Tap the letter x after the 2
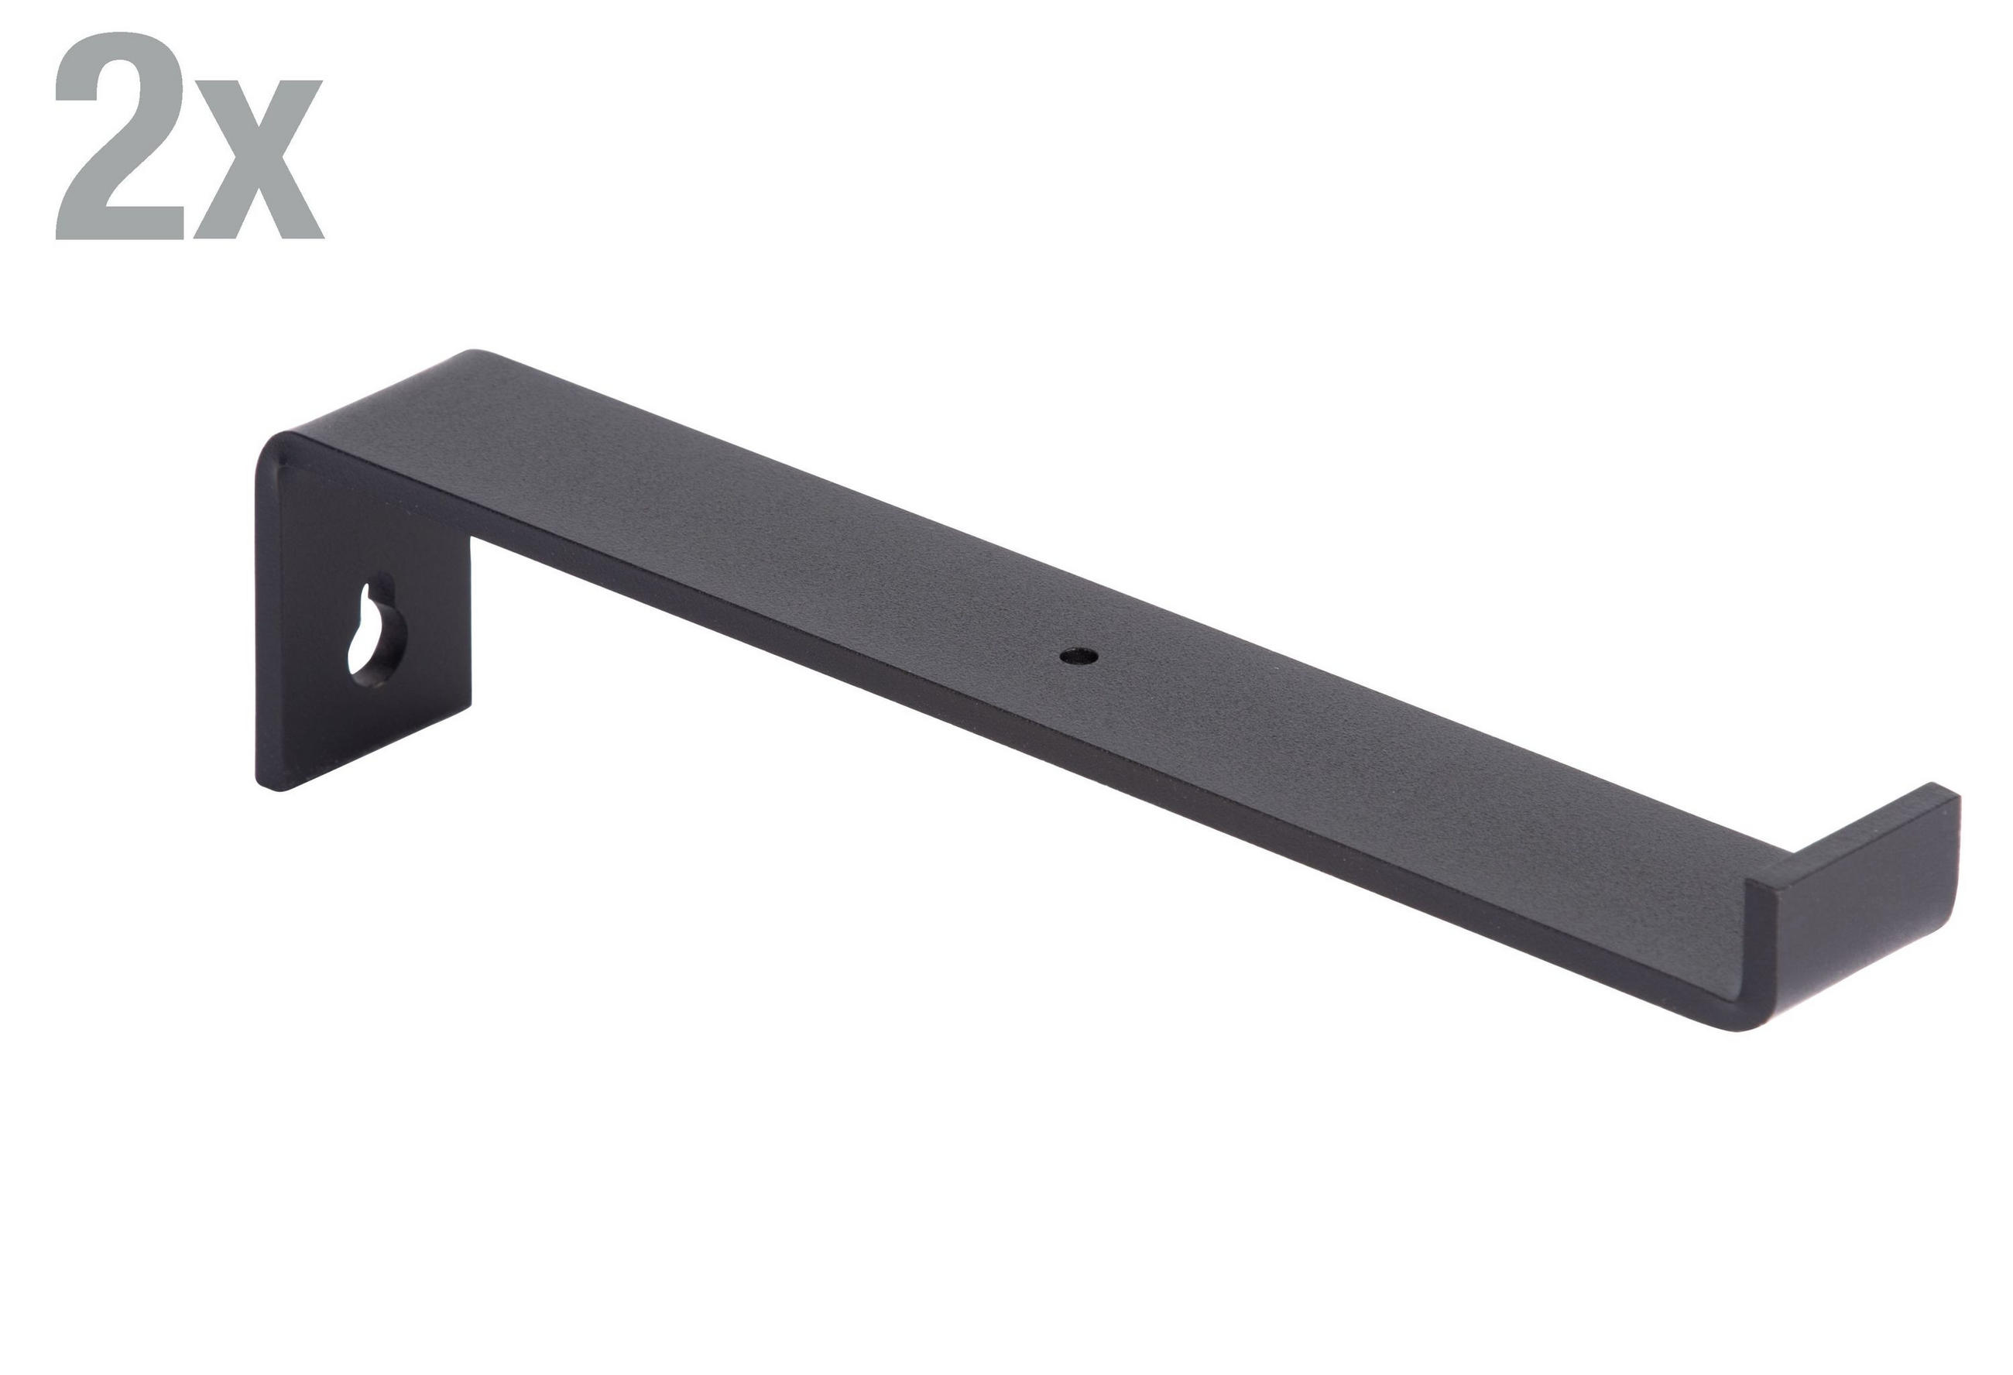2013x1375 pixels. click(258, 158)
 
